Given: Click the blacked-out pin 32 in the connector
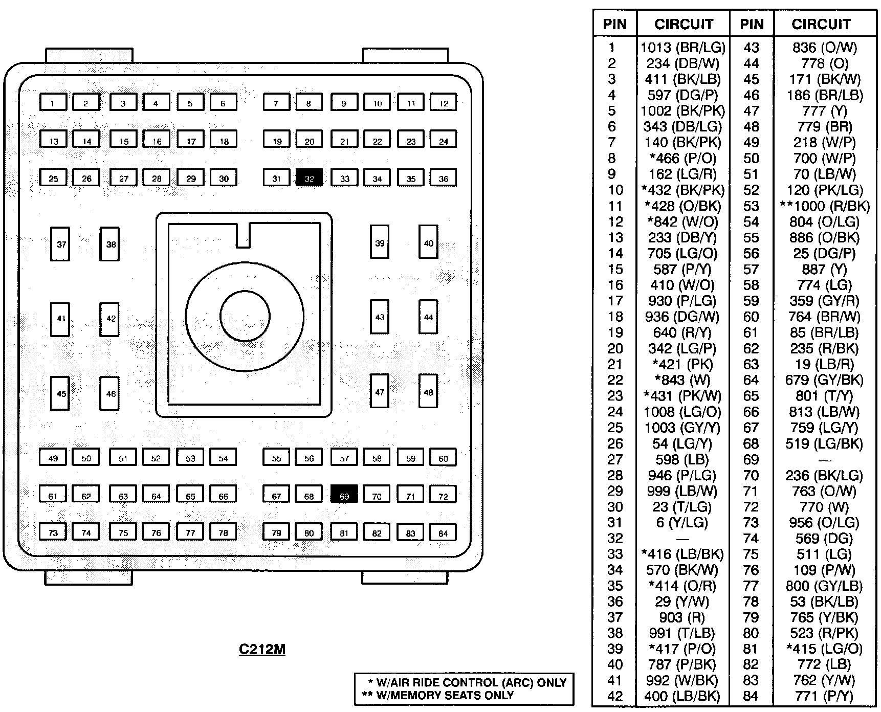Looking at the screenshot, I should [309, 178].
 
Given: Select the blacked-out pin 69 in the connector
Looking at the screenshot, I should [344, 495].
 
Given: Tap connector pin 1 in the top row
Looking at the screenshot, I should [53, 102].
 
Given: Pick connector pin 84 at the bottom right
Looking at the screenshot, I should [443, 533].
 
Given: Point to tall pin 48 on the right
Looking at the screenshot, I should [428, 392].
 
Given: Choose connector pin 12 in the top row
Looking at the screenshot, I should [443, 102].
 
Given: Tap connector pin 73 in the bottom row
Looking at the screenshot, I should [53, 532].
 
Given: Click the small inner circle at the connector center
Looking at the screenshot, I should [245, 316].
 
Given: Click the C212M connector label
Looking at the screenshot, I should [262, 649].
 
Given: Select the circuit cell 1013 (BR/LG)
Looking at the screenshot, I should [682, 48].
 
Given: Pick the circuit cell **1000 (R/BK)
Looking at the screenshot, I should [824, 206].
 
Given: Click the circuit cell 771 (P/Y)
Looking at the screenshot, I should [824, 696].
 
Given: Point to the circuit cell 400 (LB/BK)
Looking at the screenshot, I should [682, 696].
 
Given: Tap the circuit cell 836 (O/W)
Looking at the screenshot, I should [824, 48].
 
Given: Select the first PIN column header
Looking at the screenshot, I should [614, 24].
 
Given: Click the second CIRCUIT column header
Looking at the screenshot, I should [821, 24].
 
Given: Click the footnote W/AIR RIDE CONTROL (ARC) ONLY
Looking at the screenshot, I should [467, 682].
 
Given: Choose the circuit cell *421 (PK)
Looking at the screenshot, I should [682, 364].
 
